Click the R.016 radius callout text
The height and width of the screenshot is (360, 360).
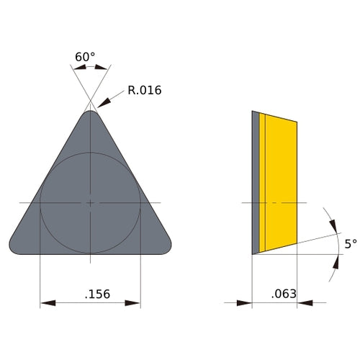coord(144,91)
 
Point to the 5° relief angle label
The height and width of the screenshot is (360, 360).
coord(350,244)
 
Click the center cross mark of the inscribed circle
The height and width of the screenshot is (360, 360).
coord(90,203)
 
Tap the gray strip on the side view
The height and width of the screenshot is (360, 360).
coord(255,180)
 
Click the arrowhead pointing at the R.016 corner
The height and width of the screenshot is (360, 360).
coord(102,102)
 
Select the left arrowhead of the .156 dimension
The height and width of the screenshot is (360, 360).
coord(45,303)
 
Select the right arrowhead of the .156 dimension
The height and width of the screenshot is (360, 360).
coord(135,303)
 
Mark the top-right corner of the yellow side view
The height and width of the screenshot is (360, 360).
coord(297,121)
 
